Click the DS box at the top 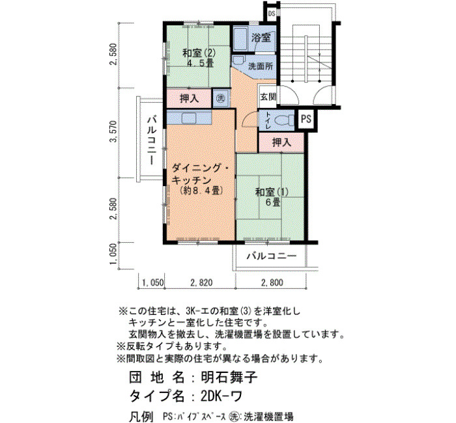[x=272, y=14]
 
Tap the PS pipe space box [x=306, y=119]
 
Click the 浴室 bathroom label [x=261, y=38]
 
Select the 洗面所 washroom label [x=261, y=66]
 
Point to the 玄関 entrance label [x=268, y=97]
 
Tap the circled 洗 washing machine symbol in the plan [x=221, y=98]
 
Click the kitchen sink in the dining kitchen [x=189, y=118]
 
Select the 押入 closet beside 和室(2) [x=189, y=98]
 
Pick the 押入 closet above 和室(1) [x=281, y=143]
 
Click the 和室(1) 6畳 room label [x=272, y=197]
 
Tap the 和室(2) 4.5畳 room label [x=199, y=58]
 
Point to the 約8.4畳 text [x=201, y=191]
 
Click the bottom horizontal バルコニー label [x=272, y=256]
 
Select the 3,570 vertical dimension [x=113, y=131]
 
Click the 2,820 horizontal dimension [x=201, y=282]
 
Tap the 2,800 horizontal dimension [x=272, y=282]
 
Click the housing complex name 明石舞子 [x=229, y=377]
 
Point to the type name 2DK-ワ [x=221, y=396]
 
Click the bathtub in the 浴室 [x=240, y=39]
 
